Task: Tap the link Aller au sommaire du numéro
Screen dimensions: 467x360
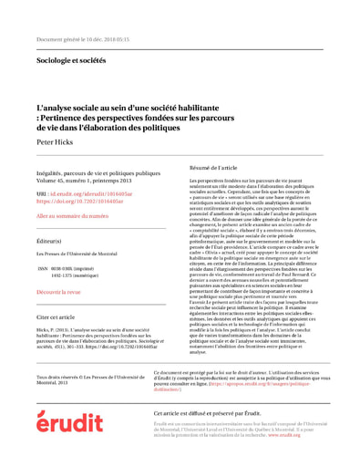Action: coord(72,216)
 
